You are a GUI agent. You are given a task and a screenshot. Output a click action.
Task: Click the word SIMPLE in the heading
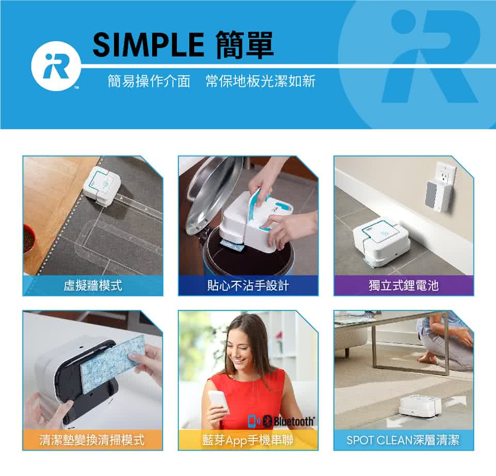148,45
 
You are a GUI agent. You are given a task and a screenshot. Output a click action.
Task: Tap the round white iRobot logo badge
56,67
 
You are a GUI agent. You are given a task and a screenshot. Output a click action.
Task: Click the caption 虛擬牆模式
92,285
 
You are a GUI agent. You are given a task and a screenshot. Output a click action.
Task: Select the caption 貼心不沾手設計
248,285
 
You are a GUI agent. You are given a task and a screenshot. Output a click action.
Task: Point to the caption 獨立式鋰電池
404,285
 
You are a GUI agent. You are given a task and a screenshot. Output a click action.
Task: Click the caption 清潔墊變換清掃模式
92,440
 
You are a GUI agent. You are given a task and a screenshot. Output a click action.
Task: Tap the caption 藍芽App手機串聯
248,440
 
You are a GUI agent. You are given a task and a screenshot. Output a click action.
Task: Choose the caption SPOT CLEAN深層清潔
403,440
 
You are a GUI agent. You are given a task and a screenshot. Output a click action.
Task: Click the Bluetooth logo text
293,421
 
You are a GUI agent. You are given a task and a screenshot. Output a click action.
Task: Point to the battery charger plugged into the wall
438,196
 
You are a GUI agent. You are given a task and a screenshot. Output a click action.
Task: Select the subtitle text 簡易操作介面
149,81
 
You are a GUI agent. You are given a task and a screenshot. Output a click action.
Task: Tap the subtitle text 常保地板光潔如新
260,81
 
